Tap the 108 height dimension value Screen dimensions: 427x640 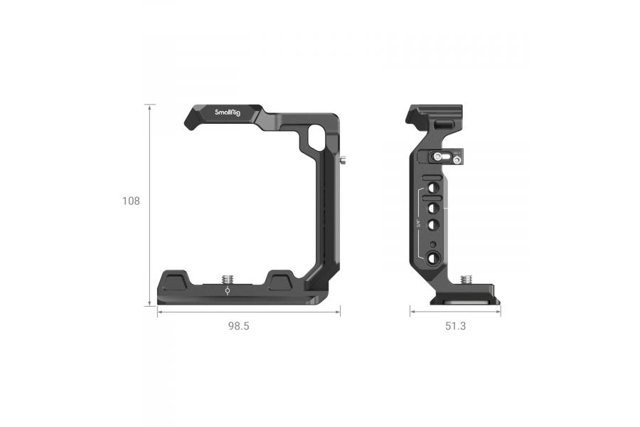pyautogui.click(x=131, y=201)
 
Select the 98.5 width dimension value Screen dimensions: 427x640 pyautogui.click(x=239, y=326)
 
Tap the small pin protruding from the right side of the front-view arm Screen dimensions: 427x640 pyautogui.click(x=343, y=160)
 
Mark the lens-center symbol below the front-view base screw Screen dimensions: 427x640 pyautogui.click(x=228, y=290)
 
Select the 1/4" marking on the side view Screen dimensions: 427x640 pyautogui.click(x=418, y=224)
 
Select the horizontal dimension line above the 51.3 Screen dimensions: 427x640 pyautogui.click(x=454, y=312)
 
